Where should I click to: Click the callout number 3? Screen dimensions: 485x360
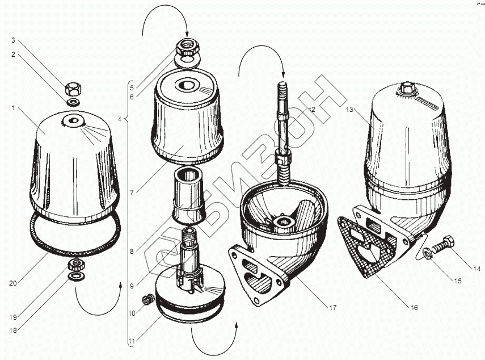coord(13,40)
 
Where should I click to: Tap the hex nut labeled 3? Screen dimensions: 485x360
coord(74,90)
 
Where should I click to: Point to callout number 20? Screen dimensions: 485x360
coord(12,283)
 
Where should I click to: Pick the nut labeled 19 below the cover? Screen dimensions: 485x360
coord(77,265)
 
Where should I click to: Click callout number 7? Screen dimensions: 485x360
coord(132,193)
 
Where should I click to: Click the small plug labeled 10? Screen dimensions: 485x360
coord(148,299)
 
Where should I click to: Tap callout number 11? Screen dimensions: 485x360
coord(132,342)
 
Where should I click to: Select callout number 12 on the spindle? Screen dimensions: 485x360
coord(311,109)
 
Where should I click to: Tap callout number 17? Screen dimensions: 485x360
coord(332,308)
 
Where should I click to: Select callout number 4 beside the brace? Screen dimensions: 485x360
coord(120,119)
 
